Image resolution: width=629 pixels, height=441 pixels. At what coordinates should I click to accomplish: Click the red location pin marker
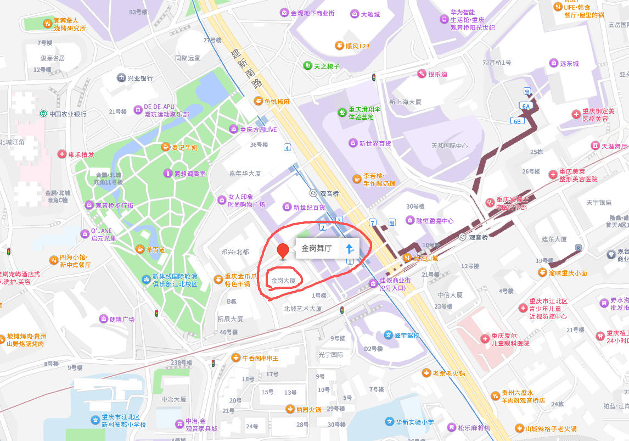pos(283,250)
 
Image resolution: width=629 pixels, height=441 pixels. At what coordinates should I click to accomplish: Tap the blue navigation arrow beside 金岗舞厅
pos(350,248)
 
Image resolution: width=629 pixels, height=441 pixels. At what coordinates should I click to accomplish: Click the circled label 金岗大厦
pos(284,281)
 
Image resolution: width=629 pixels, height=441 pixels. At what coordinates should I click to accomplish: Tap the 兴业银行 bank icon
pos(121,78)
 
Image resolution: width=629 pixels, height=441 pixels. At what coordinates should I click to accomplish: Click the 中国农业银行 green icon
pos(43,114)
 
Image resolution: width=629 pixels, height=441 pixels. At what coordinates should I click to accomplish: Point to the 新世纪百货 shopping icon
pos(287,207)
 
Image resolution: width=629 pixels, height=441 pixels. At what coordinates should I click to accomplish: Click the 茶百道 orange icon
pos(141,249)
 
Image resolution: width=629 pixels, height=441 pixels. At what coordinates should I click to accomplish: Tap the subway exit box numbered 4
pos(287,147)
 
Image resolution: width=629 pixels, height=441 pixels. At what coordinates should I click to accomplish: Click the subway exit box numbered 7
pos(373,222)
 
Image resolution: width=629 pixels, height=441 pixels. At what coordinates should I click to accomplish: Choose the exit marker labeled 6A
pos(525,106)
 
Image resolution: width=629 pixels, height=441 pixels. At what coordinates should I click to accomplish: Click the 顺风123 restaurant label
pos(357,46)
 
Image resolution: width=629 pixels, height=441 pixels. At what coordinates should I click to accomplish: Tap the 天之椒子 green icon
pos(307,66)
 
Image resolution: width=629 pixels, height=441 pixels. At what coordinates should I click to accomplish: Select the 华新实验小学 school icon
pos(389,422)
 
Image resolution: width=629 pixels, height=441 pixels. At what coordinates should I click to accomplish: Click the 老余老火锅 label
pos(448,373)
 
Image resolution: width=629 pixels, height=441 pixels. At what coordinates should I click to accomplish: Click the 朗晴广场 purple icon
pos(103,319)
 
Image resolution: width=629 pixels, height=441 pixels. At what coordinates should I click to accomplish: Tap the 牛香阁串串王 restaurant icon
pos(235,358)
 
